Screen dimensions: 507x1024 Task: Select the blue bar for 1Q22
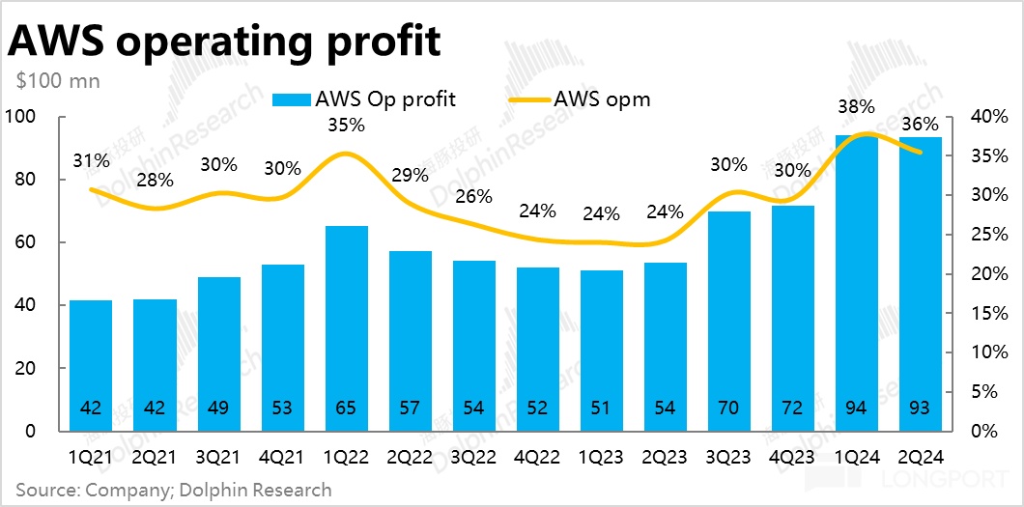pos(346,328)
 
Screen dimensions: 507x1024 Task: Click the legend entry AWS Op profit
pos(364,99)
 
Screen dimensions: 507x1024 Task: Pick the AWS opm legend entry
pos(579,99)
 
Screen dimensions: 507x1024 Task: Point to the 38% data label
pos(856,107)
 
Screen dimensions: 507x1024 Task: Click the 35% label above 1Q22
pos(346,125)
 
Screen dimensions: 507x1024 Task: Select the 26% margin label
pos(473,196)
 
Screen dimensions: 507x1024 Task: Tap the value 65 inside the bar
pos(346,408)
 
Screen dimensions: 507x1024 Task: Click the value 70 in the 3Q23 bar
pos(728,408)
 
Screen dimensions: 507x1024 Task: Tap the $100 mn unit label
pos(58,81)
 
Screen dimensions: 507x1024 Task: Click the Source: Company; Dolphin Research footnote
pos(173,490)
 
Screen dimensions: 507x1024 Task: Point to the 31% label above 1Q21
pos(91,161)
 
